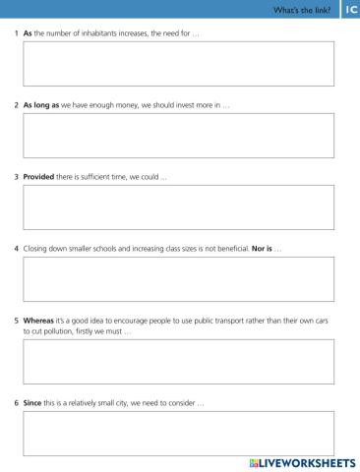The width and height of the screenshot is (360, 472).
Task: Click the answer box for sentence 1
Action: pyautogui.click(x=178, y=64)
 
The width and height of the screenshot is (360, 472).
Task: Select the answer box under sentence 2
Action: pyautogui.click(x=178, y=135)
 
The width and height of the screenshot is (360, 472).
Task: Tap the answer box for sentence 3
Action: pyautogui.click(x=178, y=206)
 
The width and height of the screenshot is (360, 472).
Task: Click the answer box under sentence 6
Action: pyautogui.click(x=178, y=433)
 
